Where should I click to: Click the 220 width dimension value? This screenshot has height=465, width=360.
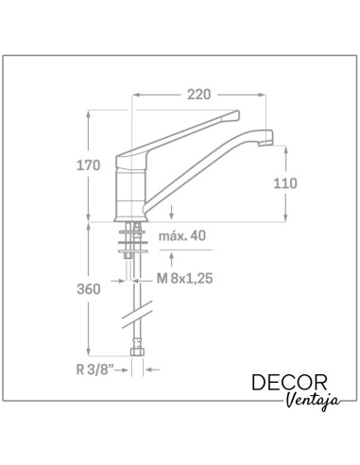(x=198, y=95)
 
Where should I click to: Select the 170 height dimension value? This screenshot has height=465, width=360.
(x=89, y=165)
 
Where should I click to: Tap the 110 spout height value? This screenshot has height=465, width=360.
(x=285, y=183)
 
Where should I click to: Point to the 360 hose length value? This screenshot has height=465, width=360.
(x=89, y=289)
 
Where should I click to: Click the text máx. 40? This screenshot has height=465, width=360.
(x=182, y=235)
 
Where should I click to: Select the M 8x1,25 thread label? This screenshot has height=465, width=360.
(x=185, y=279)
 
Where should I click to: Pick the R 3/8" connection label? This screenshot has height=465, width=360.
(x=94, y=370)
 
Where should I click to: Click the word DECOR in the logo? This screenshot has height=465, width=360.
(x=289, y=383)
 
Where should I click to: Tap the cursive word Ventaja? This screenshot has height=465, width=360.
(x=314, y=401)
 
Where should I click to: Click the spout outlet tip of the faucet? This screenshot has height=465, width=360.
(x=266, y=144)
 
